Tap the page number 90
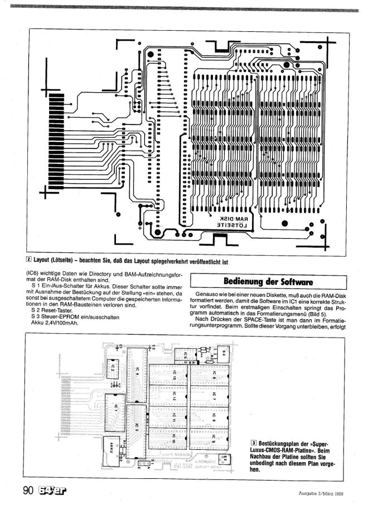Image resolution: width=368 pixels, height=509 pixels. click(28, 491)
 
